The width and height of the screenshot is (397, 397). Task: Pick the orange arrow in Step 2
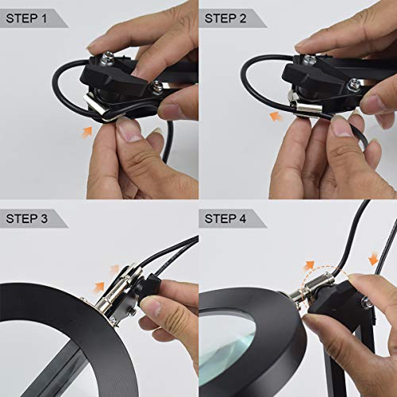pos(276,115)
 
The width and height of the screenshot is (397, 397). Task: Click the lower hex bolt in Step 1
pos(157,86)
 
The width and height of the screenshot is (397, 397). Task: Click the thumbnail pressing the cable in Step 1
pos(126,131)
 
